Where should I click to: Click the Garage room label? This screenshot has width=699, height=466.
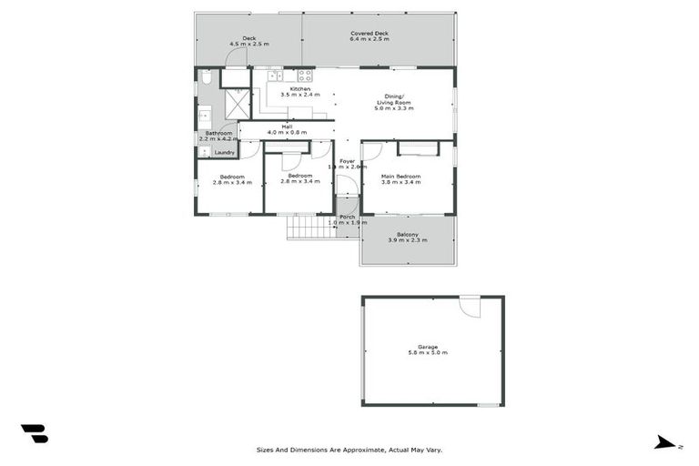pyautogui.click(x=428, y=347)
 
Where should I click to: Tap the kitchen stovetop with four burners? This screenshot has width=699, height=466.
pyautogui.click(x=305, y=76)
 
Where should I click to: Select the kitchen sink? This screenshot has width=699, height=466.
pyautogui.click(x=273, y=76)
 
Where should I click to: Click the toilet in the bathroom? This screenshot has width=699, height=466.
pyautogui.click(x=207, y=79)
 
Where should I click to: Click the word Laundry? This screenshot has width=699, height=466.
pyautogui.click(x=224, y=152)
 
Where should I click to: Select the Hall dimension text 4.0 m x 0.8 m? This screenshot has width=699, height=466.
pyautogui.click(x=287, y=132)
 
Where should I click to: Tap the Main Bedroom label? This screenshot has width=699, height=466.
pyautogui.click(x=400, y=176)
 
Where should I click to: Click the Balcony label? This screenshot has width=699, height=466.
pyautogui.click(x=407, y=235)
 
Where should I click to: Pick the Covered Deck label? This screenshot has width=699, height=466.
pyautogui.click(x=370, y=34)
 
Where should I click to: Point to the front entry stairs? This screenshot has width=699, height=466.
pyautogui.click(x=310, y=227)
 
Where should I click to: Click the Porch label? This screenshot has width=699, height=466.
pyautogui.click(x=347, y=217)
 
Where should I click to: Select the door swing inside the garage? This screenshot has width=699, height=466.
pyautogui.click(x=470, y=308)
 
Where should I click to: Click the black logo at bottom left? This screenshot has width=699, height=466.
pyautogui.click(x=34, y=433)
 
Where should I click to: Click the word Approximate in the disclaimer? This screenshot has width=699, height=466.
pyautogui.click(x=356, y=450)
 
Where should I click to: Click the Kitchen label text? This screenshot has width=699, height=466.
pyautogui.click(x=300, y=88)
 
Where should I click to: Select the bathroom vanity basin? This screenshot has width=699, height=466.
pyautogui.click(x=205, y=116)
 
